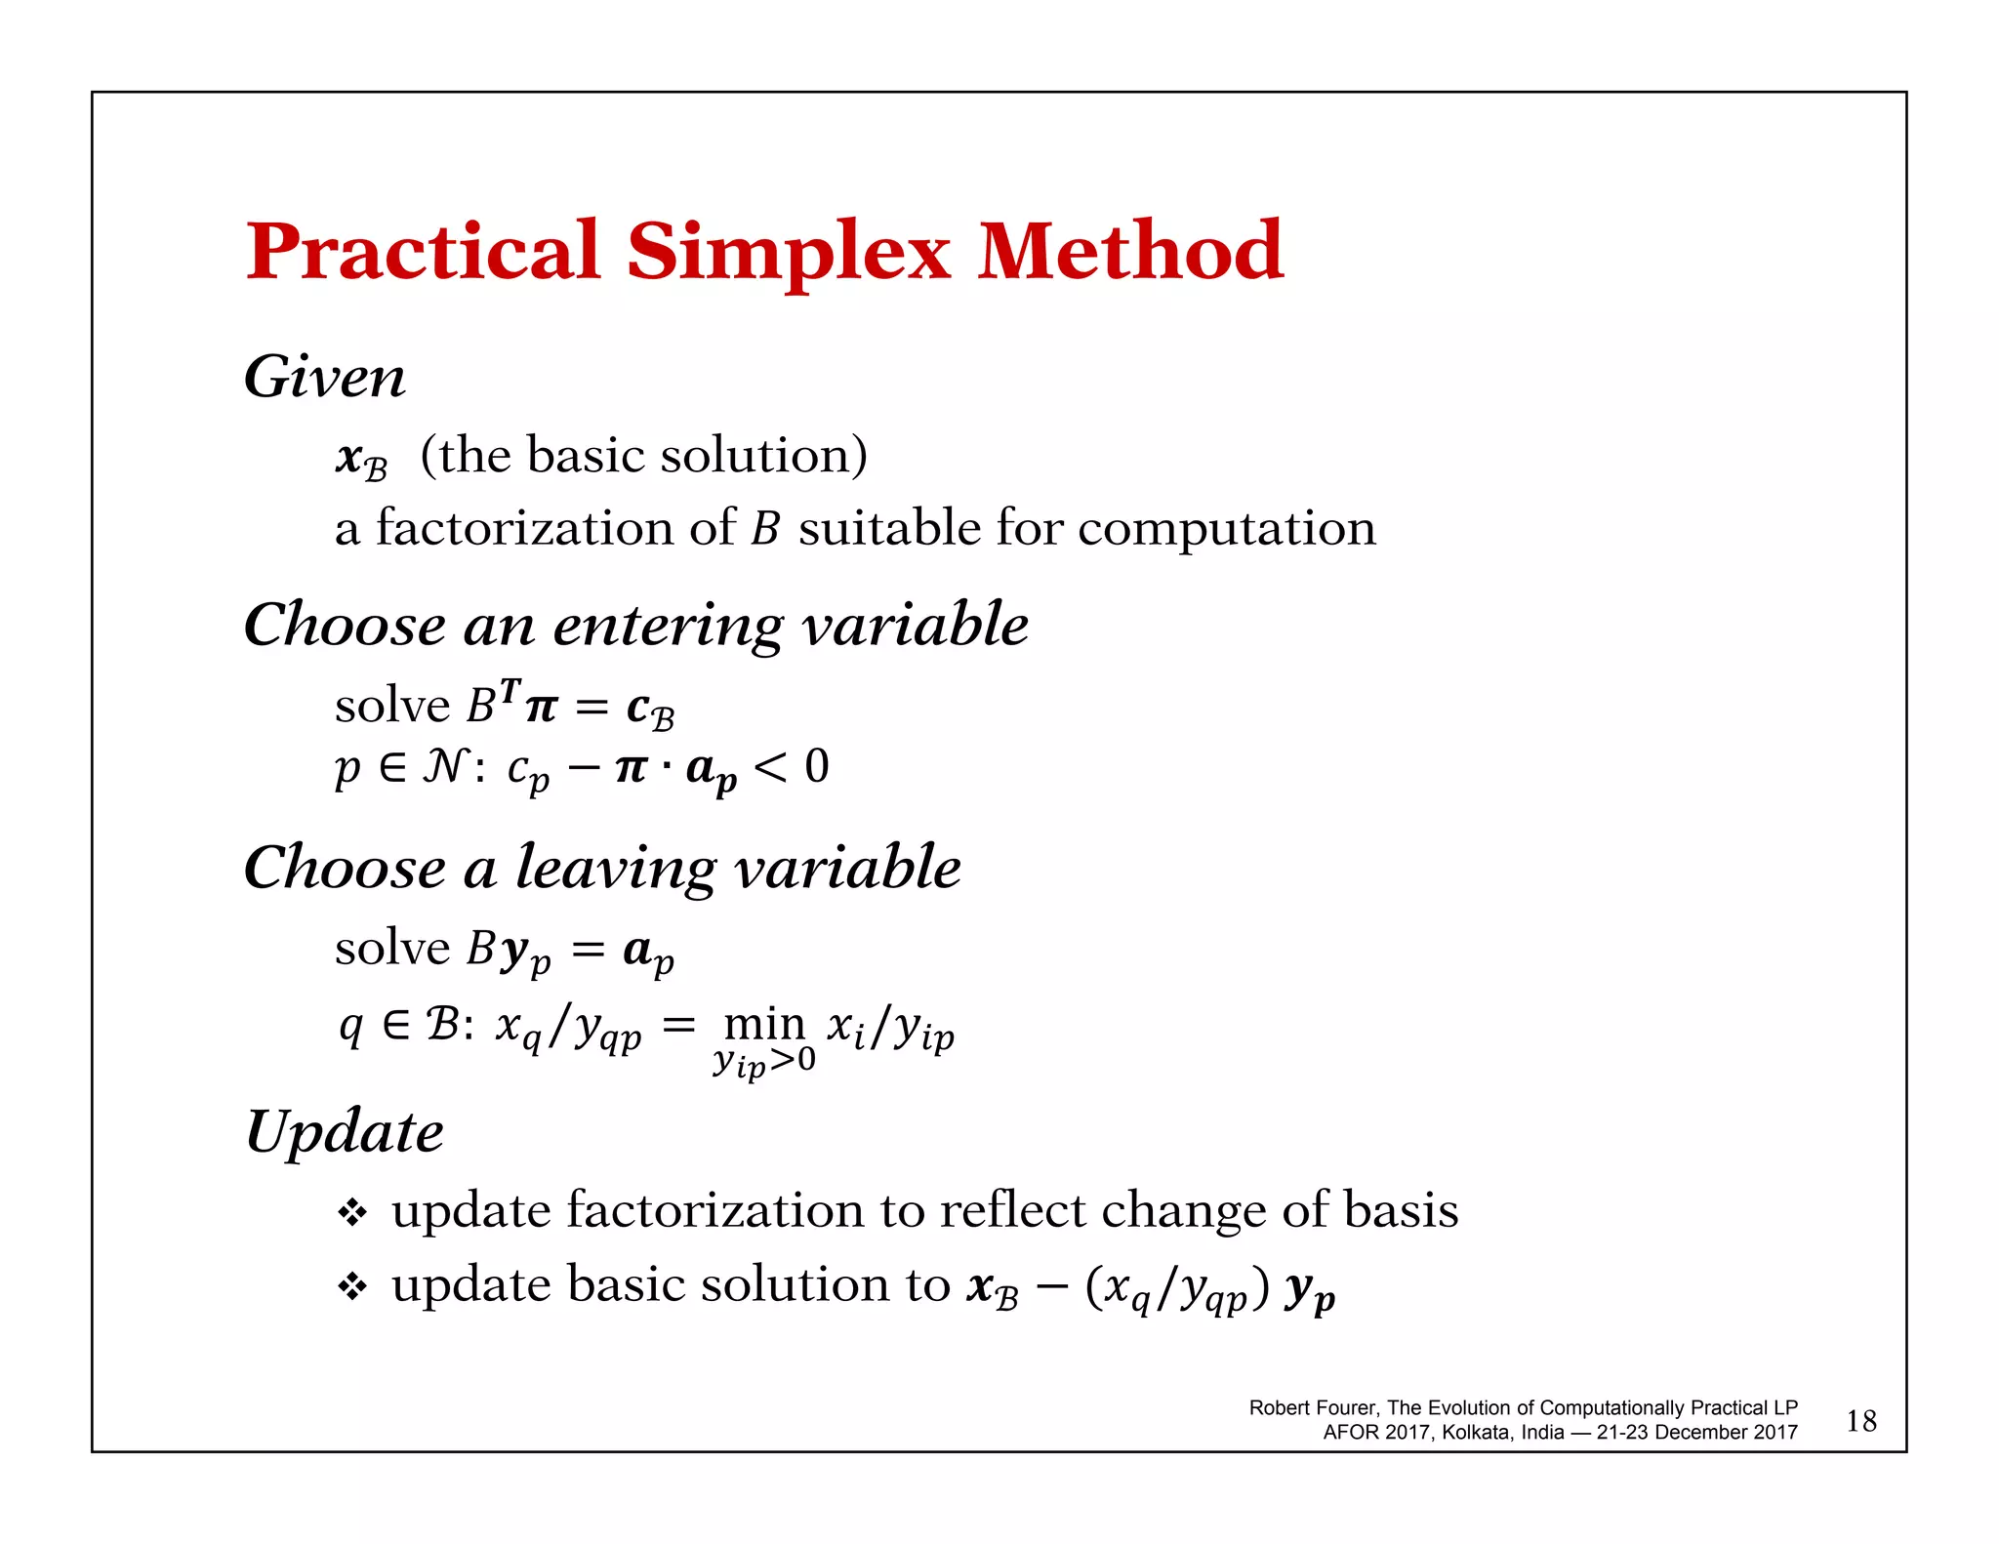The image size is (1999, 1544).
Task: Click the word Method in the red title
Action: click(1129, 252)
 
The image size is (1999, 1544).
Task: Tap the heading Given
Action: click(324, 378)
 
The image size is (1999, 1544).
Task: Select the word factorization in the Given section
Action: click(525, 529)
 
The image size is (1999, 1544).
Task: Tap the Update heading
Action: click(344, 1132)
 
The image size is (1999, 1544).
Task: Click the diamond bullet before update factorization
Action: click(351, 1213)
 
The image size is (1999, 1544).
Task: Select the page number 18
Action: click(1860, 1420)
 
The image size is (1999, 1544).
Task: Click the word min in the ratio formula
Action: click(764, 1024)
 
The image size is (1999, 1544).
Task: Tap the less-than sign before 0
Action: click(770, 767)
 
